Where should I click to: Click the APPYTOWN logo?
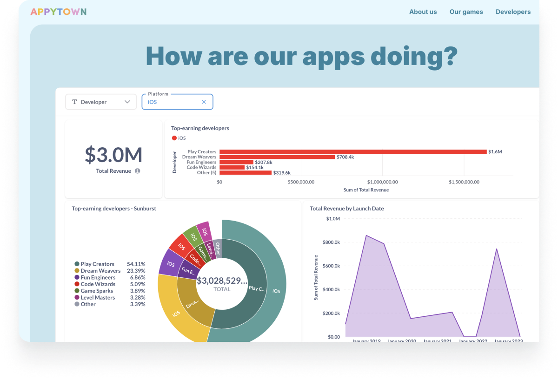pos(58,12)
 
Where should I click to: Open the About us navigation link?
pos(423,12)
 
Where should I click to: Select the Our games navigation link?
pos(466,12)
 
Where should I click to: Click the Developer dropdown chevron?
pos(127,102)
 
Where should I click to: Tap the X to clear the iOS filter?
pos(204,102)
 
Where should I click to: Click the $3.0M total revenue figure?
pos(113,155)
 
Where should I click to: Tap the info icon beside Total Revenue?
pos(138,171)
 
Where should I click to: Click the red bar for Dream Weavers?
pos(277,157)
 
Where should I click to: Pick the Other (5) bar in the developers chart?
pos(246,172)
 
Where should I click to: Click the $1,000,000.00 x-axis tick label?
pos(382,182)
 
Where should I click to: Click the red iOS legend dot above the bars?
pos(174,138)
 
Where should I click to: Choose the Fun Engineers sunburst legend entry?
pos(98,277)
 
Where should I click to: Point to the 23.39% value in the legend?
pos(136,271)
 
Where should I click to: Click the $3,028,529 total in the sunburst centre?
pos(222,281)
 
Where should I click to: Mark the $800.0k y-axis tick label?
pos(331,242)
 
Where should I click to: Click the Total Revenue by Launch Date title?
pos(347,209)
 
